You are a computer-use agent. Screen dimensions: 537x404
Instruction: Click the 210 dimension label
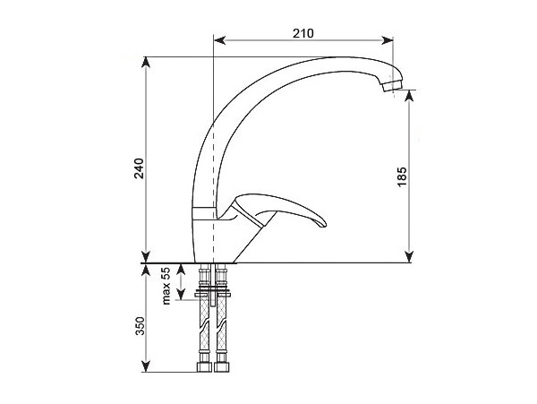(x=303, y=33)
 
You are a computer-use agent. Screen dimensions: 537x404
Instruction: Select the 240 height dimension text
(x=139, y=168)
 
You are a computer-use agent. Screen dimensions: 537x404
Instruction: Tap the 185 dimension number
(x=402, y=176)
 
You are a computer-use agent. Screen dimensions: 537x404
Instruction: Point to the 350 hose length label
(x=140, y=326)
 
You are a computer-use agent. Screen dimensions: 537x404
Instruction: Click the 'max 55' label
(x=166, y=286)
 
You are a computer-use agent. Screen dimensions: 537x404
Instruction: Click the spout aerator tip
(x=392, y=86)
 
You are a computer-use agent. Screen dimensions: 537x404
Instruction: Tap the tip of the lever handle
(x=323, y=224)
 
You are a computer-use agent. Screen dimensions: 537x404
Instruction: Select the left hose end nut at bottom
(x=204, y=366)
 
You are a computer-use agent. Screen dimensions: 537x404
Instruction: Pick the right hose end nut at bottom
(x=222, y=366)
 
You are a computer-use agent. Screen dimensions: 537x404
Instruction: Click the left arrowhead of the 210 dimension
(x=219, y=40)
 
